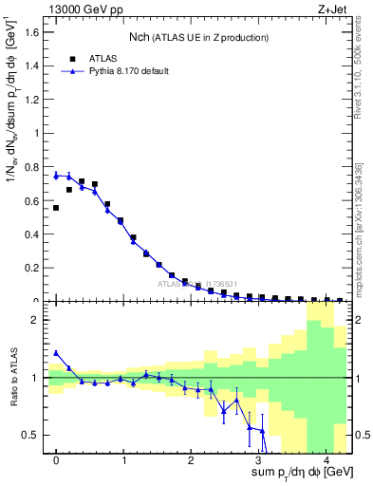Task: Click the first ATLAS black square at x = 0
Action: (56, 208)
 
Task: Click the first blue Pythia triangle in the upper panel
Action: (56, 176)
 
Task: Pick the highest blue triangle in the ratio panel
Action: (56, 353)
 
